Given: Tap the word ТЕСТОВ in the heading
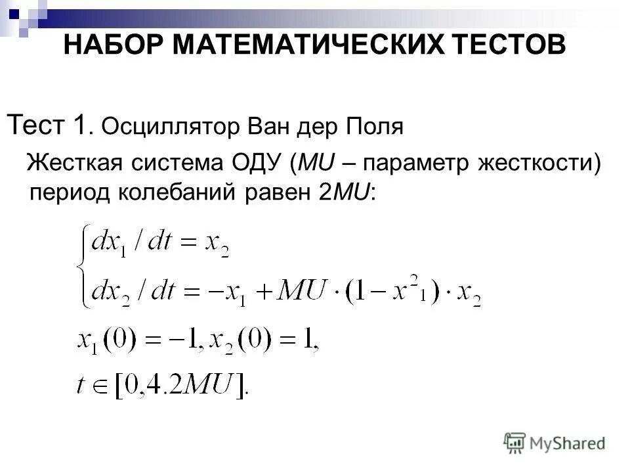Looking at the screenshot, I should [x=503, y=47].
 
